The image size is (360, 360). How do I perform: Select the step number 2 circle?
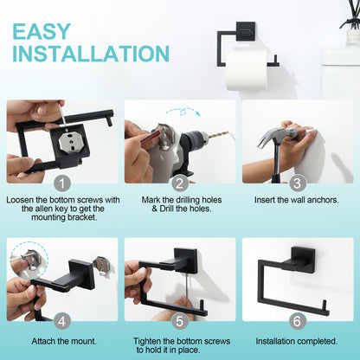[x=179, y=183]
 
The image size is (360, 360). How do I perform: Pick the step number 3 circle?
[x=298, y=183]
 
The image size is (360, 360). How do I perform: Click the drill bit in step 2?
[x=217, y=137]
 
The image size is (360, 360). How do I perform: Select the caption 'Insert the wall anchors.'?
[x=298, y=200]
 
